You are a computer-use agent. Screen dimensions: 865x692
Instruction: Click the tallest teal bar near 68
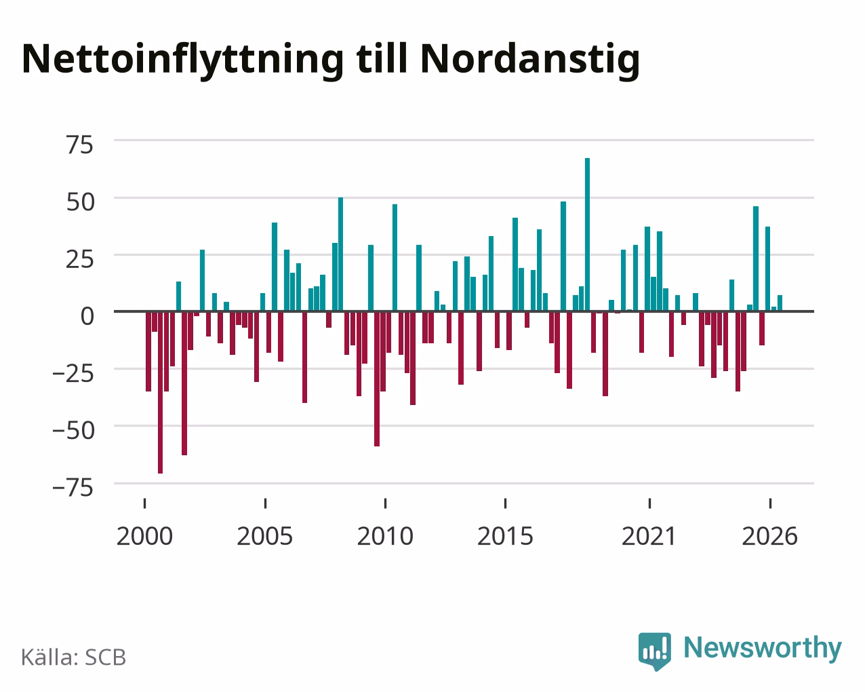click(x=587, y=235)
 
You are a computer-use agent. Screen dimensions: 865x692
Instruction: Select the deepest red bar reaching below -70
click(x=161, y=392)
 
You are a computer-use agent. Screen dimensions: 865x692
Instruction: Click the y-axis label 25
click(x=79, y=259)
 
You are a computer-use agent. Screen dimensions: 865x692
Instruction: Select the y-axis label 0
click(x=87, y=316)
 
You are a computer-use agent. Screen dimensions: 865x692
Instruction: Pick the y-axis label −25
click(x=73, y=374)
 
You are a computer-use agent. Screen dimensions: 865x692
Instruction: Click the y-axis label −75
click(x=73, y=488)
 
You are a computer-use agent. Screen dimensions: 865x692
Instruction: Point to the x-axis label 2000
click(x=144, y=536)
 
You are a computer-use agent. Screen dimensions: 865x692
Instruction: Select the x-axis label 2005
click(x=265, y=536)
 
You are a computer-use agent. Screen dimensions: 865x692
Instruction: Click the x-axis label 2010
click(x=385, y=536)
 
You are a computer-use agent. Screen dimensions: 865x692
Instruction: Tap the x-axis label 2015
click(x=505, y=536)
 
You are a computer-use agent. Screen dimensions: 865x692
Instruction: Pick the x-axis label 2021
click(x=649, y=536)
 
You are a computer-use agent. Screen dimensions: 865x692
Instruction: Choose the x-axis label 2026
click(x=769, y=536)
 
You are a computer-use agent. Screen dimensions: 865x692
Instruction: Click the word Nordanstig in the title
click(x=530, y=60)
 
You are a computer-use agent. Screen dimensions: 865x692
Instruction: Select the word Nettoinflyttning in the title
click(x=183, y=60)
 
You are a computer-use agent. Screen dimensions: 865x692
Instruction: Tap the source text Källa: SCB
click(x=74, y=657)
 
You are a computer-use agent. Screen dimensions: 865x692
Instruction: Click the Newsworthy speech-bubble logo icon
click(x=655, y=651)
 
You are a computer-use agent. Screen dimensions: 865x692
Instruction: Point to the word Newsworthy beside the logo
click(x=763, y=649)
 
